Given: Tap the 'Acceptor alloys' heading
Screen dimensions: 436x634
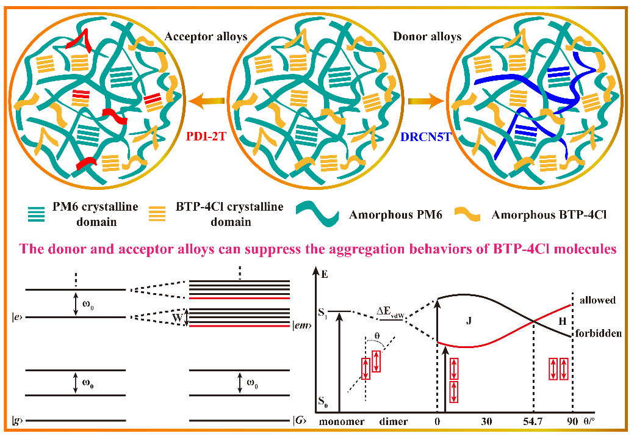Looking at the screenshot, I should (206, 37).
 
